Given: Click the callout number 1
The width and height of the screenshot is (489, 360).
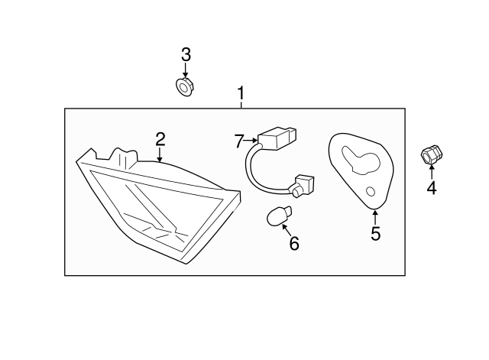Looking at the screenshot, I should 241,94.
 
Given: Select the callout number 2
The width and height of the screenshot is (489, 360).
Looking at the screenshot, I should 160,139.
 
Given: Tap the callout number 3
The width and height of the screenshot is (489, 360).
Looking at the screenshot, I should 186,55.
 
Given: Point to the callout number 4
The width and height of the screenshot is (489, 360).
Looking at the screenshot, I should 431,187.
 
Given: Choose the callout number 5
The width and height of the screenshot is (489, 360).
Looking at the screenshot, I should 375,234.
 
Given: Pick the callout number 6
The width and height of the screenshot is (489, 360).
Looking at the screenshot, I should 294,244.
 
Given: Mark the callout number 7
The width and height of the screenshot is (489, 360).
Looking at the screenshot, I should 238,141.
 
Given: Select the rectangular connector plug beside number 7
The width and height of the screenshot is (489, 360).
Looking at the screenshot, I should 276,141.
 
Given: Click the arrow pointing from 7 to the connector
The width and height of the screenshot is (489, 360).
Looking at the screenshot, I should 251,141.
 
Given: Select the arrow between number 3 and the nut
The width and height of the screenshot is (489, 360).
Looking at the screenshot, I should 186,70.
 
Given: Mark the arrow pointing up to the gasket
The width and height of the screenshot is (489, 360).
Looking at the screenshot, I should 375,216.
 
